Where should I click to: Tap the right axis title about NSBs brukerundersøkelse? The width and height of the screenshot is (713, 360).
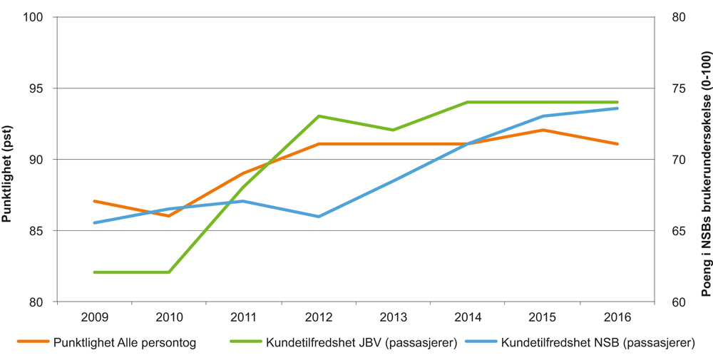(x=705, y=160)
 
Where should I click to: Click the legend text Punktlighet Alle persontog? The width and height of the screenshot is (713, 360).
(x=124, y=343)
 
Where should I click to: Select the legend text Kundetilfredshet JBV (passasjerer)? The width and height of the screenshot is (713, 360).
(x=361, y=343)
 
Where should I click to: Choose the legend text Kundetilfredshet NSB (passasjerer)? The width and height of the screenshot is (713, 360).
(x=597, y=343)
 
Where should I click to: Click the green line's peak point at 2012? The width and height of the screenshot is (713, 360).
(x=319, y=116)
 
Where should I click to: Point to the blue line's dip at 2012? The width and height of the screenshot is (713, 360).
(x=319, y=217)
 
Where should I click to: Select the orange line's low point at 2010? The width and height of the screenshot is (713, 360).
(x=169, y=216)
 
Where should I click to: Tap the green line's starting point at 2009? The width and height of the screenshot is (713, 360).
(x=95, y=272)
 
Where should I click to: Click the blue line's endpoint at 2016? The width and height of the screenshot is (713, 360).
(x=617, y=108)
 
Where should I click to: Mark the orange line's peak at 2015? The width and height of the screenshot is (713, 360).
(x=543, y=130)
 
